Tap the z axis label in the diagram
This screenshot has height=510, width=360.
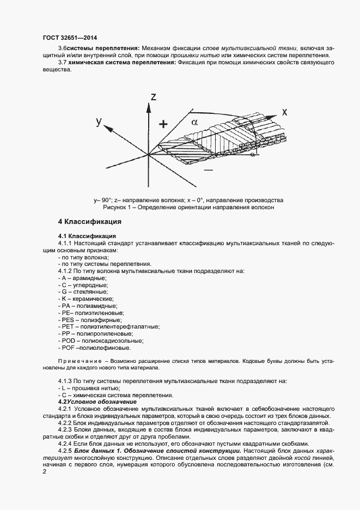click(x=154, y=97)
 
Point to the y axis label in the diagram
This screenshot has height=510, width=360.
click(x=99, y=121)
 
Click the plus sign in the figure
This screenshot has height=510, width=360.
click(x=162, y=124)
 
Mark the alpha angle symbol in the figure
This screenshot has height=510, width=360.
click(x=194, y=122)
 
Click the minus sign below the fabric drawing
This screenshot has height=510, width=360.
click(x=208, y=170)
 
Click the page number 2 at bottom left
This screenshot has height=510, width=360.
click(x=44, y=471)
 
